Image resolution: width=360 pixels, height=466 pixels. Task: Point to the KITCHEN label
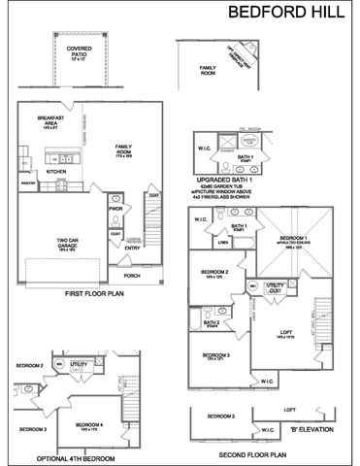click(x=55, y=170)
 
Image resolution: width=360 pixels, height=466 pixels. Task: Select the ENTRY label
click(x=132, y=247)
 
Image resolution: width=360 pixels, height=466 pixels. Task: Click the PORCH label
click(x=131, y=276)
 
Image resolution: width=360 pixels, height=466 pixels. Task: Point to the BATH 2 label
click(x=213, y=322)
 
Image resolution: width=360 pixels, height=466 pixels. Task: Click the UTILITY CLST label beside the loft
click(x=276, y=286)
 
